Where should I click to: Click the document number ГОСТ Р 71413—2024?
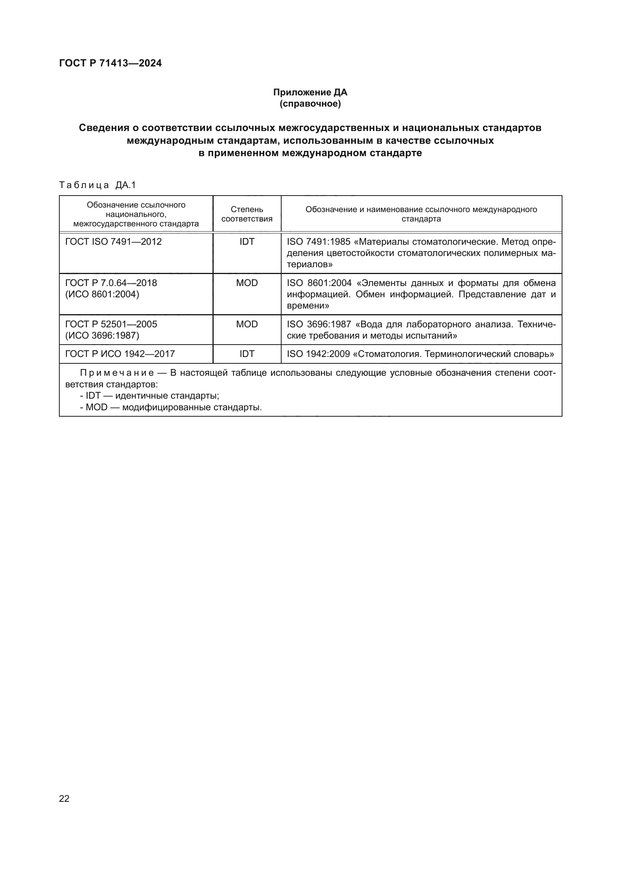tap(110, 63)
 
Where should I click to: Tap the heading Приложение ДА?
tap(310, 92)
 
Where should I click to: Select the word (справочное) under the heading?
tap(310, 104)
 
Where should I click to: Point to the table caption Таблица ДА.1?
tap(98, 185)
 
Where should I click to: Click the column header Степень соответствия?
tap(247, 214)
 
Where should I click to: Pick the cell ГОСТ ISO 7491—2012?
tap(113, 242)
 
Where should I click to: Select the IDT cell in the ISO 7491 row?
tap(247, 242)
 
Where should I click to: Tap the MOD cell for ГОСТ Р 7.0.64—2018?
tap(247, 283)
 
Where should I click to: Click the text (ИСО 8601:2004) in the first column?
tap(102, 294)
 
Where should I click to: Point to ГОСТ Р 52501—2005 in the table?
tap(111, 324)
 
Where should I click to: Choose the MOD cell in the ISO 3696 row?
tap(247, 324)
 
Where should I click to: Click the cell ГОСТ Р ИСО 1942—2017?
tap(120, 354)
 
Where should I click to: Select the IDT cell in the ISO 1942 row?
tap(247, 354)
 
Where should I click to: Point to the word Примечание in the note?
tap(117, 373)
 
